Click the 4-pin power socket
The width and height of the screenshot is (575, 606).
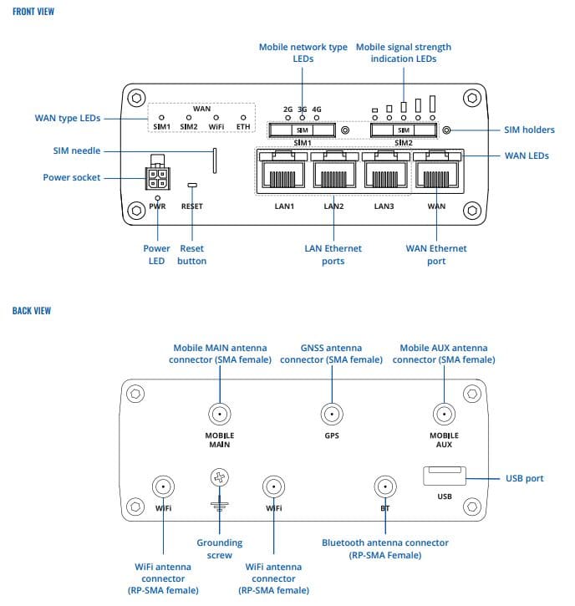(x=157, y=178)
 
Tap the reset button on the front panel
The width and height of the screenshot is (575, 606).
(x=192, y=185)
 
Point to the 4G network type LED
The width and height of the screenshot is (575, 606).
(x=317, y=118)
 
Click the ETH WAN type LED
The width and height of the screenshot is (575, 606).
(x=243, y=118)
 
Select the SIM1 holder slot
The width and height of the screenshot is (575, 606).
(x=303, y=130)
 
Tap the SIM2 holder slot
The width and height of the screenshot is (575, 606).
(x=404, y=130)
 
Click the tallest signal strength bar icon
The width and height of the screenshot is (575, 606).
(x=432, y=104)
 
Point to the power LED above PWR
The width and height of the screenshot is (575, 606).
(x=157, y=198)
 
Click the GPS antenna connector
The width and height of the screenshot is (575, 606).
(x=332, y=414)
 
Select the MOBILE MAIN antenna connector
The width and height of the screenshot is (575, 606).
(x=220, y=414)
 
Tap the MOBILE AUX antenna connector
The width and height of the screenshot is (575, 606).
(x=444, y=414)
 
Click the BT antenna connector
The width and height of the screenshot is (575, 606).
(x=385, y=486)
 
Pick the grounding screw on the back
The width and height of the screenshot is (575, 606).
(x=220, y=477)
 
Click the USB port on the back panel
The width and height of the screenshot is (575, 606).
(x=445, y=476)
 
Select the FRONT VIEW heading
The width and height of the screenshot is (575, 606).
(x=33, y=12)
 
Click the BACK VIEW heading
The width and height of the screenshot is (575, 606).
(x=32, y=311)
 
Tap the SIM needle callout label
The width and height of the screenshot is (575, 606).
(x=77, y=150)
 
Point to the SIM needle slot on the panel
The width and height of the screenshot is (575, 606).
(x=215, y=160)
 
